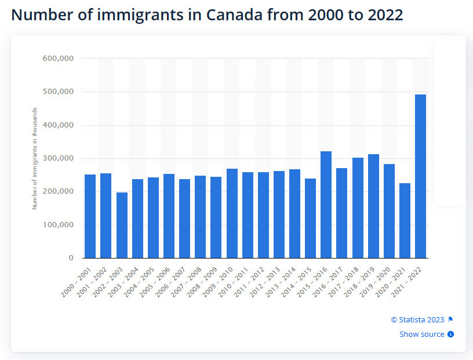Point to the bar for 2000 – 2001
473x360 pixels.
click(90, 216)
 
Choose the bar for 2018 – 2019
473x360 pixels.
click(373, 206)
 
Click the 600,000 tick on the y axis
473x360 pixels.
click(57, 59)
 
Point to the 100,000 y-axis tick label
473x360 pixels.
click(57, 225)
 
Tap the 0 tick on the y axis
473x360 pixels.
click(70, 258)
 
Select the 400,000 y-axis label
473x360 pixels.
click(57, 125)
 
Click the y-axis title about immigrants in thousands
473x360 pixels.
click(35, 158)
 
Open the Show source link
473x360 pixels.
click(422, 334)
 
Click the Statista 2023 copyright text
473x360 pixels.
click(417, 319)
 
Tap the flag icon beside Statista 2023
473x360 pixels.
click(450, 319)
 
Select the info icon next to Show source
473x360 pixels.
click(450, 334)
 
